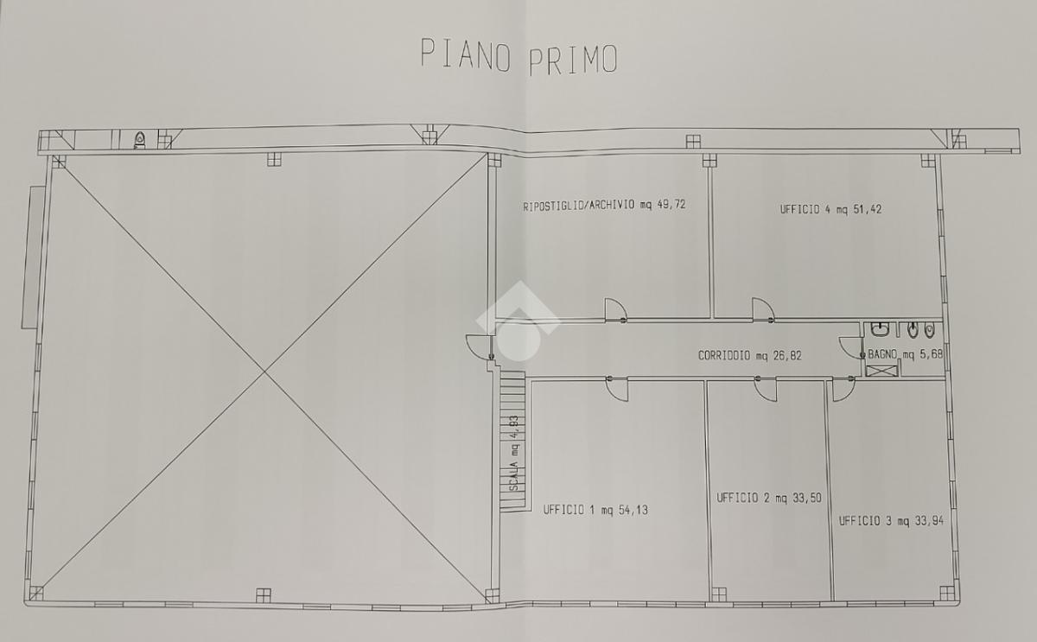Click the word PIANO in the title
click(466, 54)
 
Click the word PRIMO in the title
click(573, 60)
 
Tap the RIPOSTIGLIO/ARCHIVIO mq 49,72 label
click(604, 205)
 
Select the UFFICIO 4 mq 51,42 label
click(830, 209)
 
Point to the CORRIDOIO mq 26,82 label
click(749, 355)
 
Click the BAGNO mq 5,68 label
click(905, 354)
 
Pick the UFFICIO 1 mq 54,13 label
click(595, 510)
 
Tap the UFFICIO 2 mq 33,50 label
click(769, 498)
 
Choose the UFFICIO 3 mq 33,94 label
click(891, 521)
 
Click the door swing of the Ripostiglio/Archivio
click(615, 309)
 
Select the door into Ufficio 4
click(763, 309)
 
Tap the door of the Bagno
click(852, 347)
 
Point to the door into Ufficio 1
click(617, 390)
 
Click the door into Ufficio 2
click(766, 390)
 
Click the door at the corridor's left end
click(479, 346)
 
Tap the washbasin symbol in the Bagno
click(879, 330)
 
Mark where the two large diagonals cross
click(264, 372)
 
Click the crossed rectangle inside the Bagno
click(881, 371)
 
